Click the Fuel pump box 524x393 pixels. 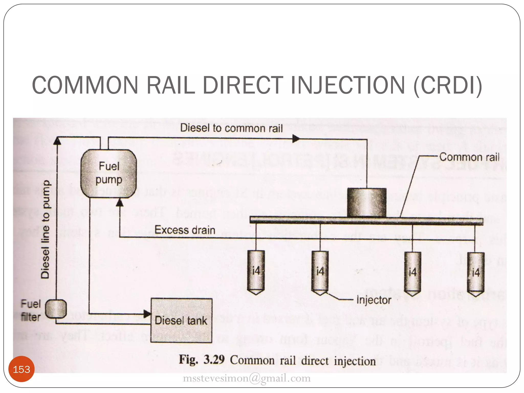coord(109,174)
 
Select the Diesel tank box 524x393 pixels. coord(181,320)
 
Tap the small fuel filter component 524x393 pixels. coord(56,309)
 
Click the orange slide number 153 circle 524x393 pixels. coord(21,369)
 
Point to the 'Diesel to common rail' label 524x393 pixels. coord(231,128)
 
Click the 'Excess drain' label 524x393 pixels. coord(185,230)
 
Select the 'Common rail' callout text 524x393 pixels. coord(469,157)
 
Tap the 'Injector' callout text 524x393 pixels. coord(374,300)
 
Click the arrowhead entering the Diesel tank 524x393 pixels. coord(147,314)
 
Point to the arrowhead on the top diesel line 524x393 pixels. coord(296,139)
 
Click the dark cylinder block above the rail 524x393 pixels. coord(366,202)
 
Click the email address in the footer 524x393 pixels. coord(247,378)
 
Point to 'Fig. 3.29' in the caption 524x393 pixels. coord(202,359)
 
